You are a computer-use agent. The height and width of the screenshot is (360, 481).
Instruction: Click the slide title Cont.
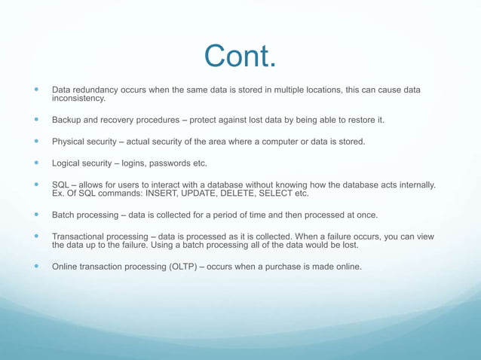[240, 56]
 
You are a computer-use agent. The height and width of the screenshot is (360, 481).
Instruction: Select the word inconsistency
[78, 99]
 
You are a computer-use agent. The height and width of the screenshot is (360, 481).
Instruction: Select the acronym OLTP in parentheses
[188, 266]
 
